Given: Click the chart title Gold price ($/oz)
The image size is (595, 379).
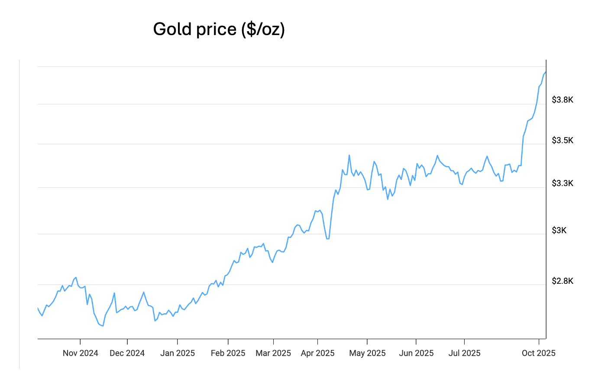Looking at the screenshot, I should pyautogui.click(x=219, y=29).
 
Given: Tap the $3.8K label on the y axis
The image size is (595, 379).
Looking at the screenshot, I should pyautogui.click(x=562, y=100).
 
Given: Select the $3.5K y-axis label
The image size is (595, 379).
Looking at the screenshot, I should pyautogui.click(x=562, y=140).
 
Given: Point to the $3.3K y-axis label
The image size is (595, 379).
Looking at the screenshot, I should pyautogui.click(x=562, y=183).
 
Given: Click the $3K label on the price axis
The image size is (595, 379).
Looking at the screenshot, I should pyautogui.click(x=559, y=230).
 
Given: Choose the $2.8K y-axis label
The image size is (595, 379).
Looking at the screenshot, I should pyautogui.click(x=562, y=281).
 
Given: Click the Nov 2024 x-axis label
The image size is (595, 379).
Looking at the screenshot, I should pyautogui.click(x=81, y=353).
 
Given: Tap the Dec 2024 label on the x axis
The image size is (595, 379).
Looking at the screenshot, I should pyautogui.click(x=127, y=353).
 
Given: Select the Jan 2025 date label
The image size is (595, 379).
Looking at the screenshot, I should pyautogui.click(x=178, y=353).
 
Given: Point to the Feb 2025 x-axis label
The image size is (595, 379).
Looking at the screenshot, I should pyautogui.click(x=228, y=353).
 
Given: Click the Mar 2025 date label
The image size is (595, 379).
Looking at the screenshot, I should pyautogui.click(x=273, y=353).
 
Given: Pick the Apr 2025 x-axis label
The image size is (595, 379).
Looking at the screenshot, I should pyautogui.click(x=317, y=353).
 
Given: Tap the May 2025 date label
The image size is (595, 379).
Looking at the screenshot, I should pyautogui.click(x=367, y=353).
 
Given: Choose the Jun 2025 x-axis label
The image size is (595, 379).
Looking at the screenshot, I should pyautogui.click(x=416, y=353).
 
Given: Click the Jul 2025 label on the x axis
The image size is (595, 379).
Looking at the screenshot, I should pyautogui.click(x=464, y=353).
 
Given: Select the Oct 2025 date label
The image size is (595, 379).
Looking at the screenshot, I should pyautogui.click(x=538, y=353).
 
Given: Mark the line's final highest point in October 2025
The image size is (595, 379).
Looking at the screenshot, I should pyautogui.click(x=546, y=72).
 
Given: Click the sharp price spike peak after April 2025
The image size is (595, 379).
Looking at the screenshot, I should pyautogui.click(x=349, y=155).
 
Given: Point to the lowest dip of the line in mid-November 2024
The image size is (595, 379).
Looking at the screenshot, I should pyautogui.click(x=103, y=326).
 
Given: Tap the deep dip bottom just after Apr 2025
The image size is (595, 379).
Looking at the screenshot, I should pyautogui.click(x=328, y=238).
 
